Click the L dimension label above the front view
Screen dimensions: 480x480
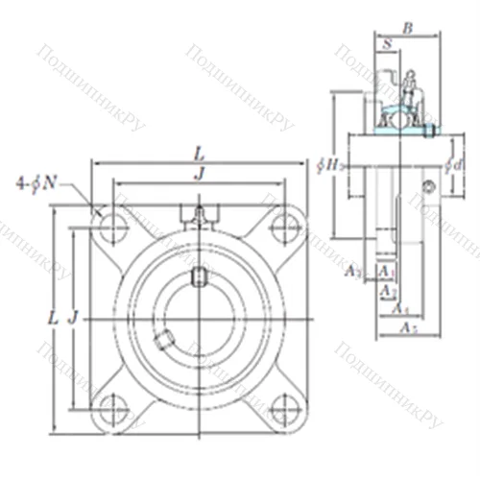coord(198,154)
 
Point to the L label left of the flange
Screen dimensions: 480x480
coord(53,317)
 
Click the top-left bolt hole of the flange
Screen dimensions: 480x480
coord(114,228)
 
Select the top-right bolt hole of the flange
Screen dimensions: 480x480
coord(281,228)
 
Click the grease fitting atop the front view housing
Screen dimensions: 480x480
coord(198,215)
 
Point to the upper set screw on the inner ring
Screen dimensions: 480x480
coord(198,279)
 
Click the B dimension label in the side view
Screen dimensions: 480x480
coord(407,30)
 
